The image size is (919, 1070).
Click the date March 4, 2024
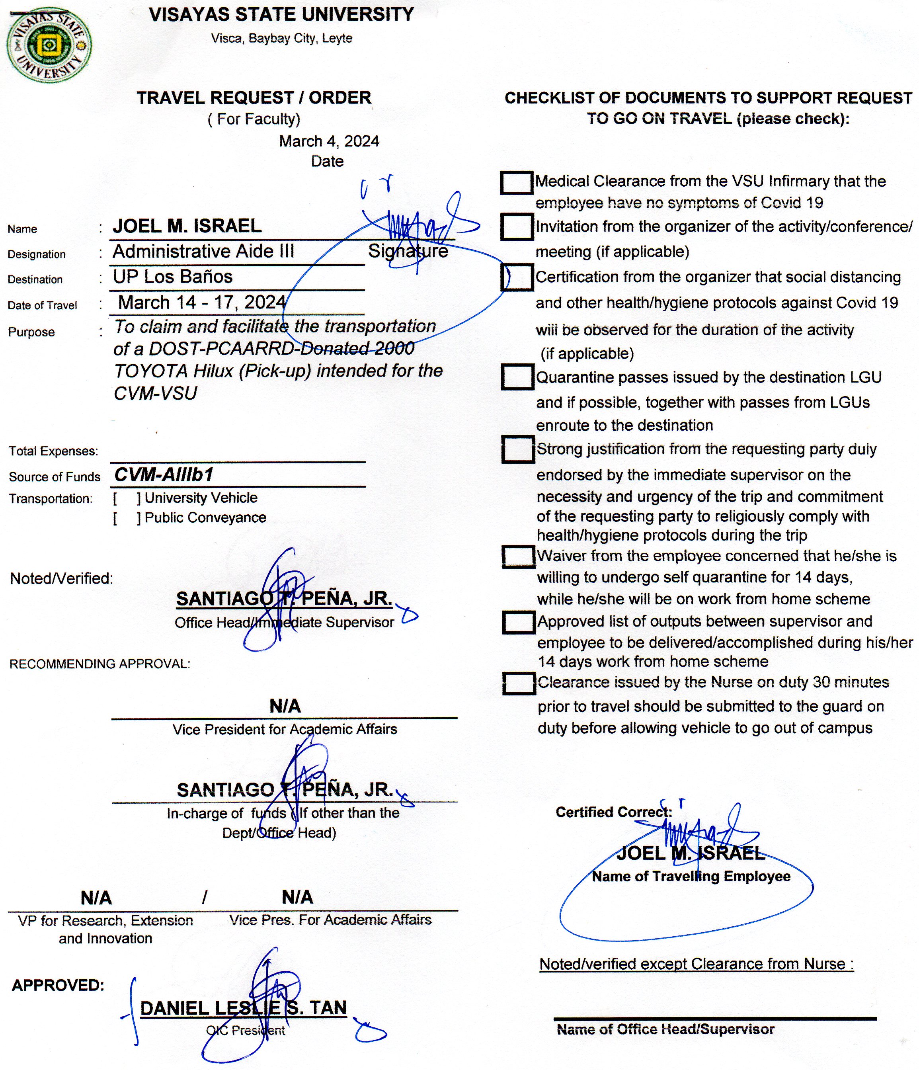coord(329,141)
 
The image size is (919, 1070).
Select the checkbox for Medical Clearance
coord(516,183)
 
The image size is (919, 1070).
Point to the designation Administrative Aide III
coord(203,252)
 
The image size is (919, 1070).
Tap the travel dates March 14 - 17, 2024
coord(202,302)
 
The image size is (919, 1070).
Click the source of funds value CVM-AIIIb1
coord(164,474)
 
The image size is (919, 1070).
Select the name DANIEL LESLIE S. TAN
coord(243,1008)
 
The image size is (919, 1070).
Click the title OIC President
coord(245,1031)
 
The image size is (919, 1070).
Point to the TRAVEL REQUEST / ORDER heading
coord(254,98)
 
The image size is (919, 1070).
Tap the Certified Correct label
coord(613,812)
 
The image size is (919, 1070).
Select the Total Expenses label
coord(53,451)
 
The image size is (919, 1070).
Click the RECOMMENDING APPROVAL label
coord(100,664)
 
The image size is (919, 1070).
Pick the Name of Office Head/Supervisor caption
coord(665,1030)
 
